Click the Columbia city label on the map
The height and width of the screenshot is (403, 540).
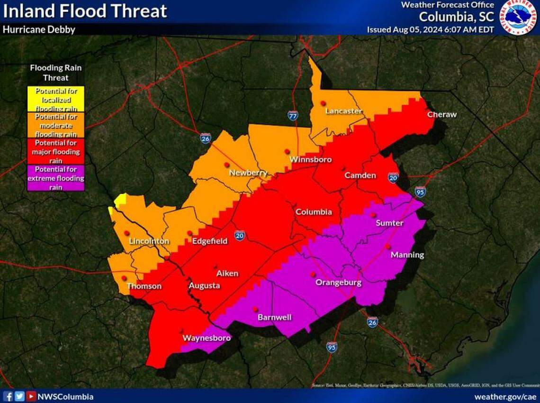(314, 212)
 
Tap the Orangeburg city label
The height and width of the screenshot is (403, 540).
(339, 283)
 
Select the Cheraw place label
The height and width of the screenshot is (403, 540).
(441, 115)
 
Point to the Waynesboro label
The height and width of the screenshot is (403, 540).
(207, 339)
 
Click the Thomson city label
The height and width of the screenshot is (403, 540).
(144, 286)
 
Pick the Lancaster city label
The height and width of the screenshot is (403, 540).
(344, 111)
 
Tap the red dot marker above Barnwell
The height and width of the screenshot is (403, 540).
(255, 309)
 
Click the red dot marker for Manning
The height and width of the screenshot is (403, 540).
(387, 246)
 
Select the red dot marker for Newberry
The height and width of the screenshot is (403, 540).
(227, 165)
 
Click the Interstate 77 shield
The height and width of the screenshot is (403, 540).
(293, 115)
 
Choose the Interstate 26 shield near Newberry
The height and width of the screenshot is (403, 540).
(205, 138)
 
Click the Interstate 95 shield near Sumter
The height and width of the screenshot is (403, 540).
(420, 192)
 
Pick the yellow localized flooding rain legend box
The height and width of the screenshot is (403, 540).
(56, 99)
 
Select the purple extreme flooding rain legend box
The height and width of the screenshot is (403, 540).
(56, 178)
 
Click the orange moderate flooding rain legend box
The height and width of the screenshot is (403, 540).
(56, 125)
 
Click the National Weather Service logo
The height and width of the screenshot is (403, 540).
(520, 18)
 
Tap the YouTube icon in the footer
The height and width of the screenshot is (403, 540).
(31, 396)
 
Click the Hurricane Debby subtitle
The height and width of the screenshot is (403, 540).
(39, 29)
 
